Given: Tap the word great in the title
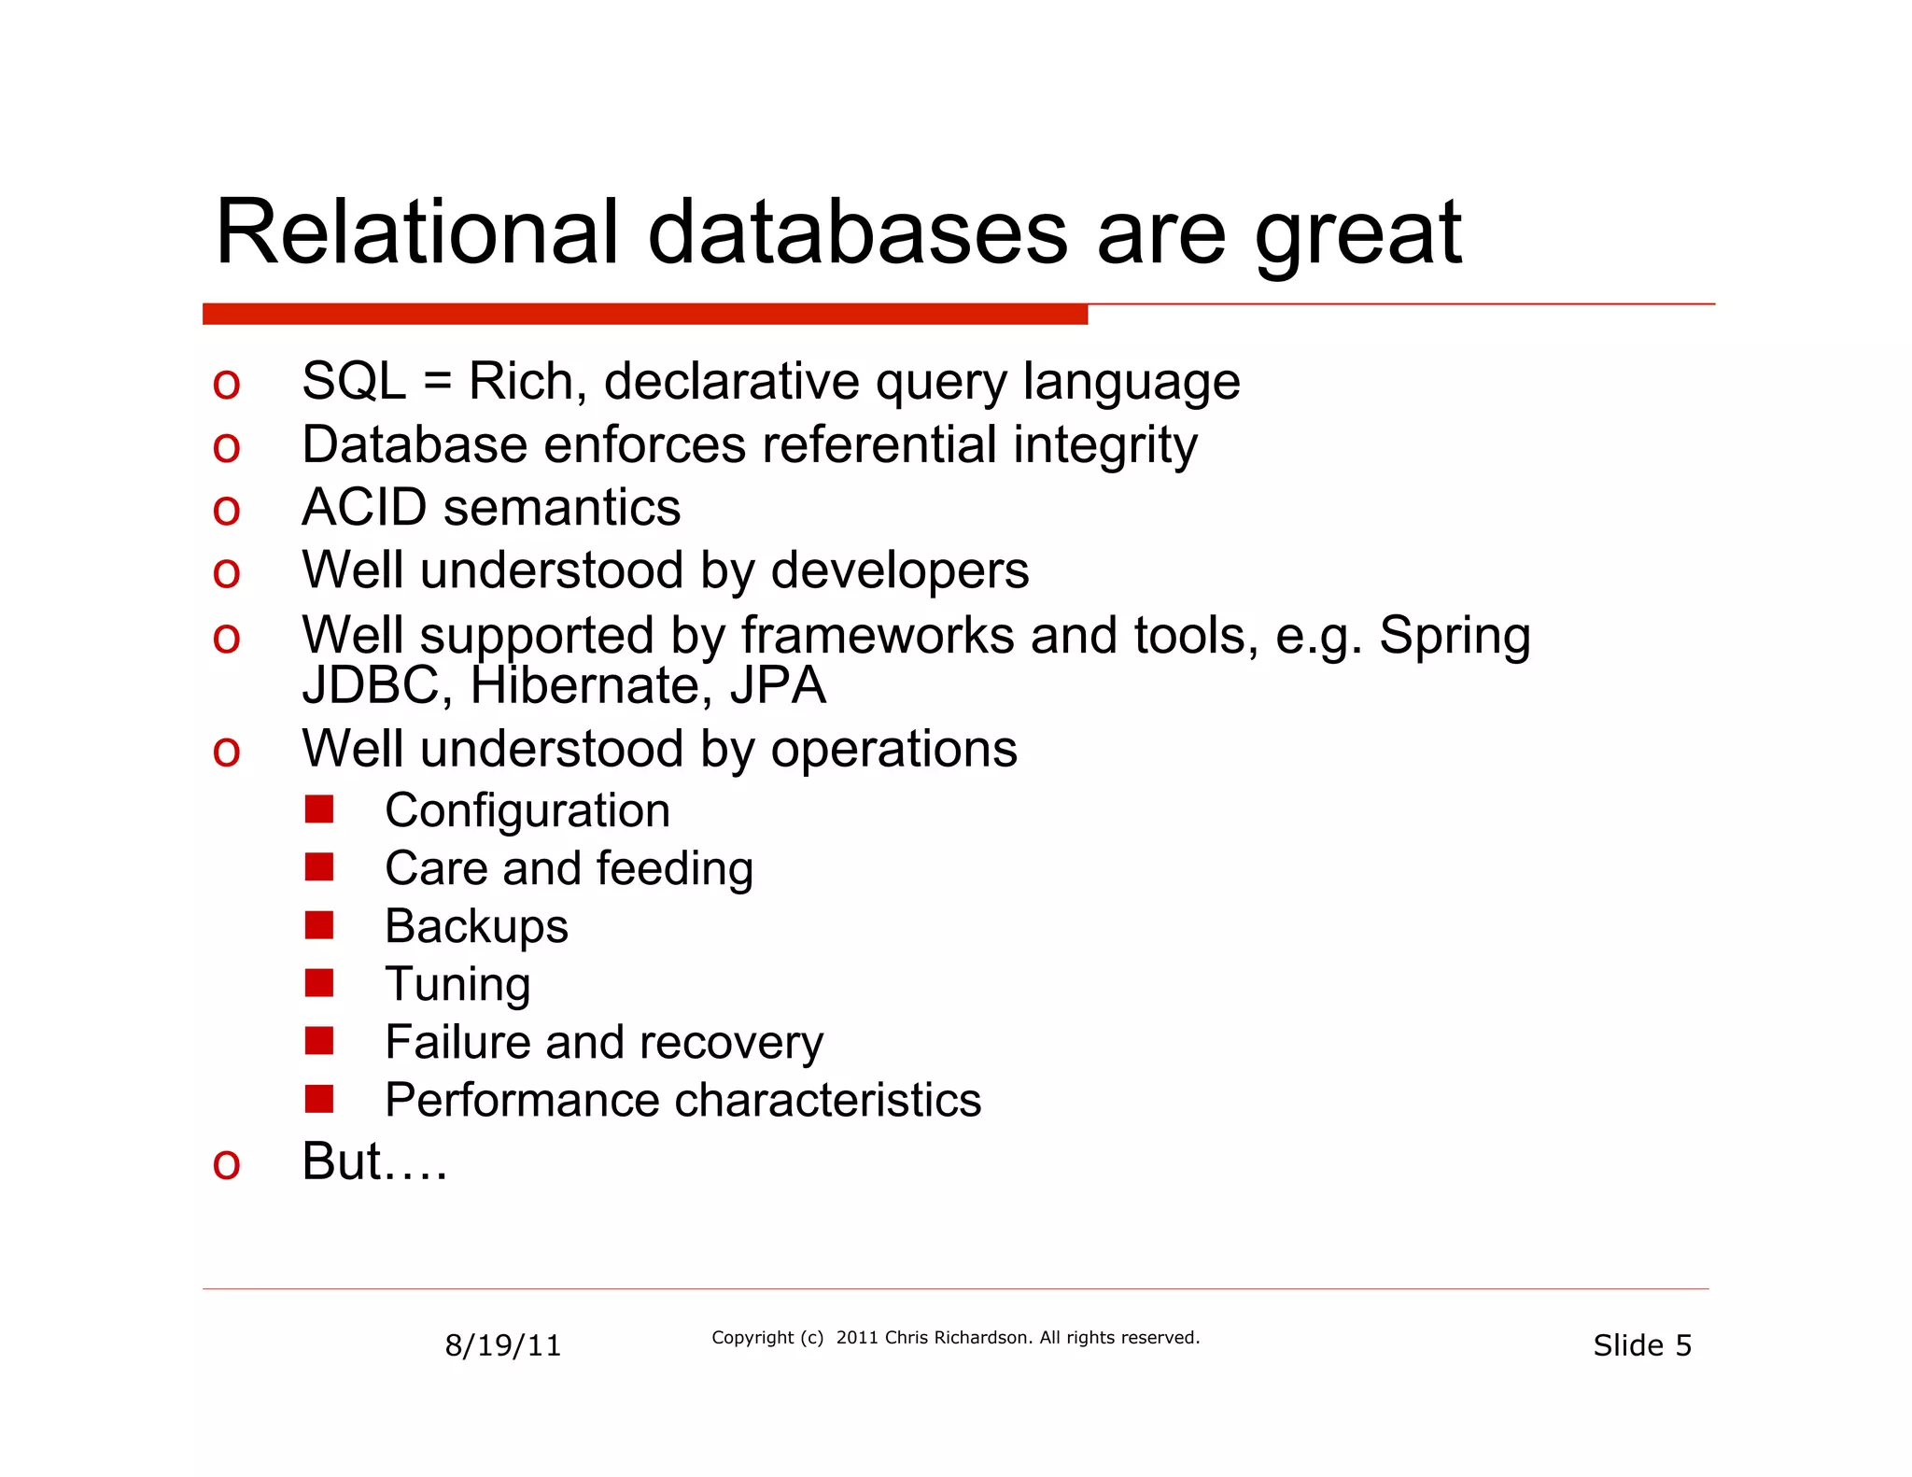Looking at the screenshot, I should pyautogui.click(x=1357, y=235).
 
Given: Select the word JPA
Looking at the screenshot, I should pyautogui.click(x=778, y=686).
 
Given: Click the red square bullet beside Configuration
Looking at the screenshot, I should pyautogui.click(x=319, y=809).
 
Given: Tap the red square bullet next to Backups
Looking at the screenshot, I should pyautogui.click(x=319, y=925).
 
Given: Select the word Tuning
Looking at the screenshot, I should pyautogui.click(x=457, y=984).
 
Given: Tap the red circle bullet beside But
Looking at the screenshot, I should pyautogui.click(x=226, y=1164).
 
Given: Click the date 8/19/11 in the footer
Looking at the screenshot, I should pyautogui.click(x=502, y=1345).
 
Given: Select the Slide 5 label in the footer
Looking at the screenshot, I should pyautogui.click(x=1641, y=1345).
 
